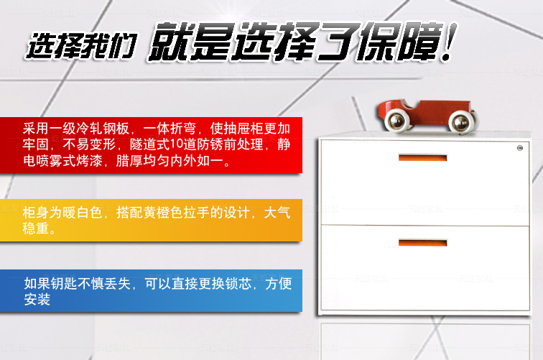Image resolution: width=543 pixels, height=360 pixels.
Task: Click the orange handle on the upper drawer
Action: click(x=422, y=158)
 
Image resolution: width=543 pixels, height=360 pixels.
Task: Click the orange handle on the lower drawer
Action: click(x=422, y=243)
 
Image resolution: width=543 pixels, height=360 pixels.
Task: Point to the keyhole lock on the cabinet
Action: click(x=520, y=148)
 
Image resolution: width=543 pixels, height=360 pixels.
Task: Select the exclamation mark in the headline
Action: click(x=448, y=42)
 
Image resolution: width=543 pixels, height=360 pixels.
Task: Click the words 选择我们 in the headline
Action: click(x=81, y=46)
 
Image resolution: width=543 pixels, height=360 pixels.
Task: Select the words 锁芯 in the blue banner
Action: click(x=238, y=284)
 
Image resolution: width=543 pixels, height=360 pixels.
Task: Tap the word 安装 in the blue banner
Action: click(x=37, y=300)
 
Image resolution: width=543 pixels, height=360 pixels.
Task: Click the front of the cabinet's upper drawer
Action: click(x=425, y=183)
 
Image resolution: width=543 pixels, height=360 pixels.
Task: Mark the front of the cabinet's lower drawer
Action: click(x=425, y=267)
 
